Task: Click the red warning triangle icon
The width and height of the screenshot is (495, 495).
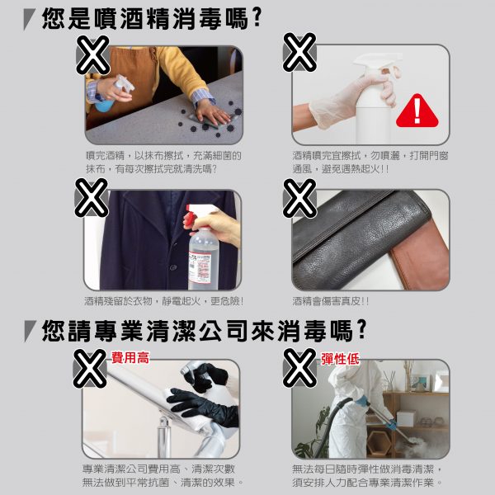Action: (x=417, y=111)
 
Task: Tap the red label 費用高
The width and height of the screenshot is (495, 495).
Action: (x=130, y=358)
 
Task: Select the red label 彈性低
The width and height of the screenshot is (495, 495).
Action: (x=340, y=359)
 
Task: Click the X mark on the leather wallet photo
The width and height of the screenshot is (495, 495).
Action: (x=299, y=198)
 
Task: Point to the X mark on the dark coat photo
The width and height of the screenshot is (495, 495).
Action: (x=91, y=198)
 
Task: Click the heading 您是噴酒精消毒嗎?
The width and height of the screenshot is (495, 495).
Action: (x=152, y=19)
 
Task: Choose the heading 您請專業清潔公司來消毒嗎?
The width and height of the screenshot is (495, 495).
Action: (x=204, y=331)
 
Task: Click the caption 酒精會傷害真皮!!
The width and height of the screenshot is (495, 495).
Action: (x=330, y=301)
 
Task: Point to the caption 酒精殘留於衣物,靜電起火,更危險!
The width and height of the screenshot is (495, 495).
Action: (x=164, y=301)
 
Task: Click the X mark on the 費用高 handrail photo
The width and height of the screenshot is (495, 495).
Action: (x=90, y=369)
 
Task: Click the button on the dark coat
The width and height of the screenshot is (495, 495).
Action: (x=173, y=267)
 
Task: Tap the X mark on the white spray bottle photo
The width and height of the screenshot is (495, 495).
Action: (x=299, y=52)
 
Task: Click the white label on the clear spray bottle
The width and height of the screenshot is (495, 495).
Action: (x=200, y=267)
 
